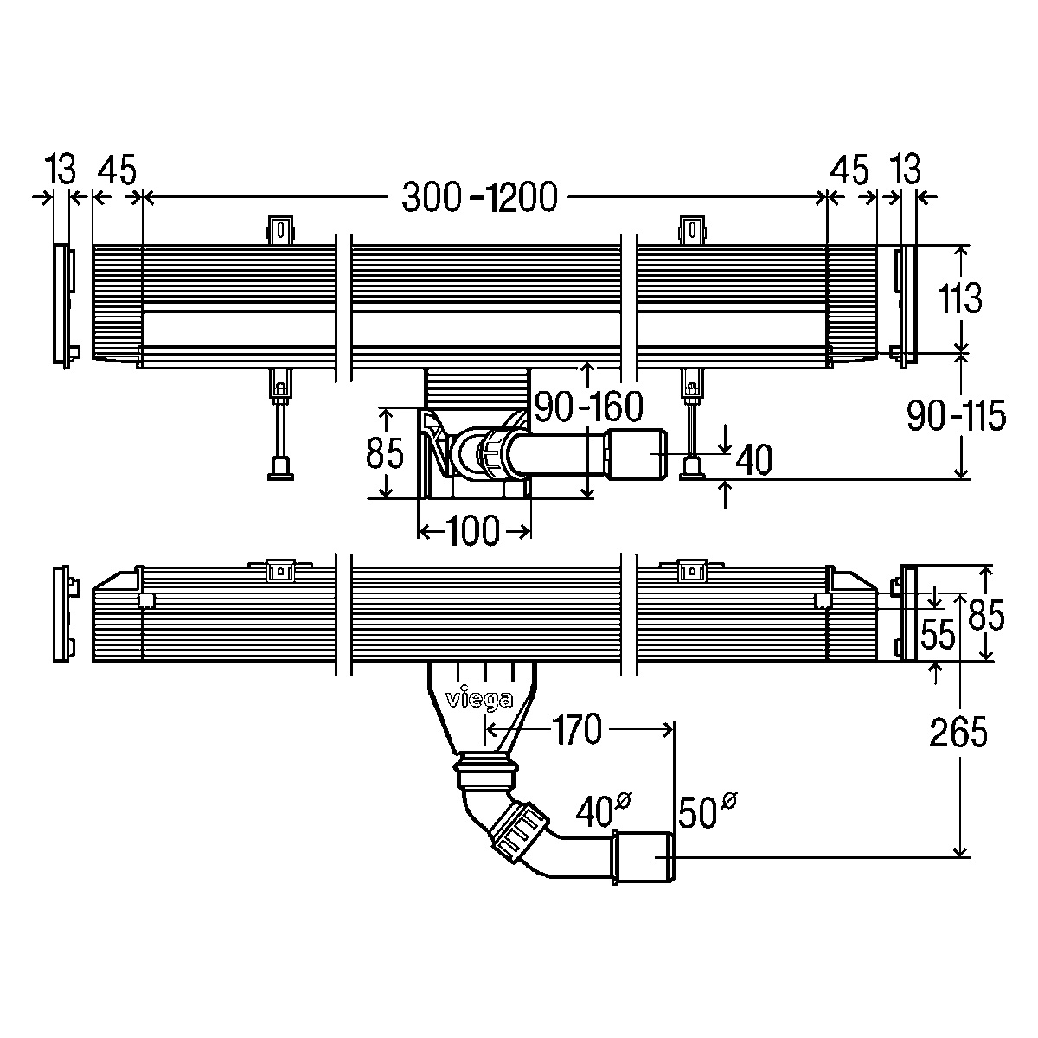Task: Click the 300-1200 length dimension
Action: [x=479, y=197]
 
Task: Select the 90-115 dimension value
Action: [x=956, y=415]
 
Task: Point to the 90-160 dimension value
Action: [x=588, y=407]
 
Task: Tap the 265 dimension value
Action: [x=958, y=732]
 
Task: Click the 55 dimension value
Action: [x=938, y=634]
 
